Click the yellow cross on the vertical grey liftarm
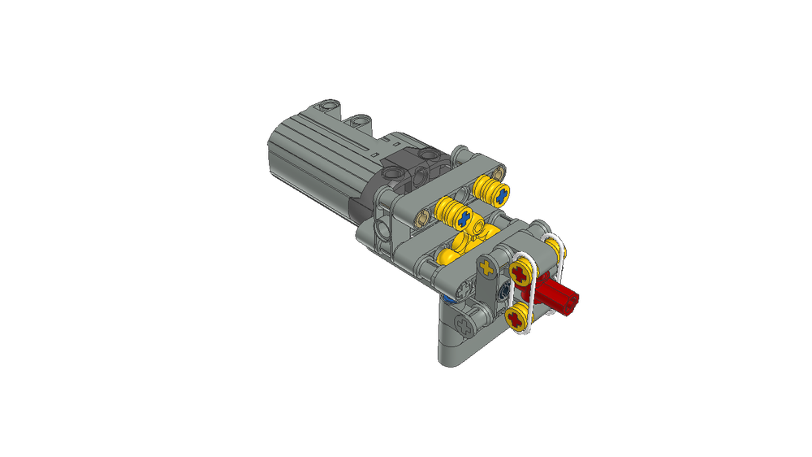486,266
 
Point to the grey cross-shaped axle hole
465,326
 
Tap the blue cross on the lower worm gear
464,218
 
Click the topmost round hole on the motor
326,105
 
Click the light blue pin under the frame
449,301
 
